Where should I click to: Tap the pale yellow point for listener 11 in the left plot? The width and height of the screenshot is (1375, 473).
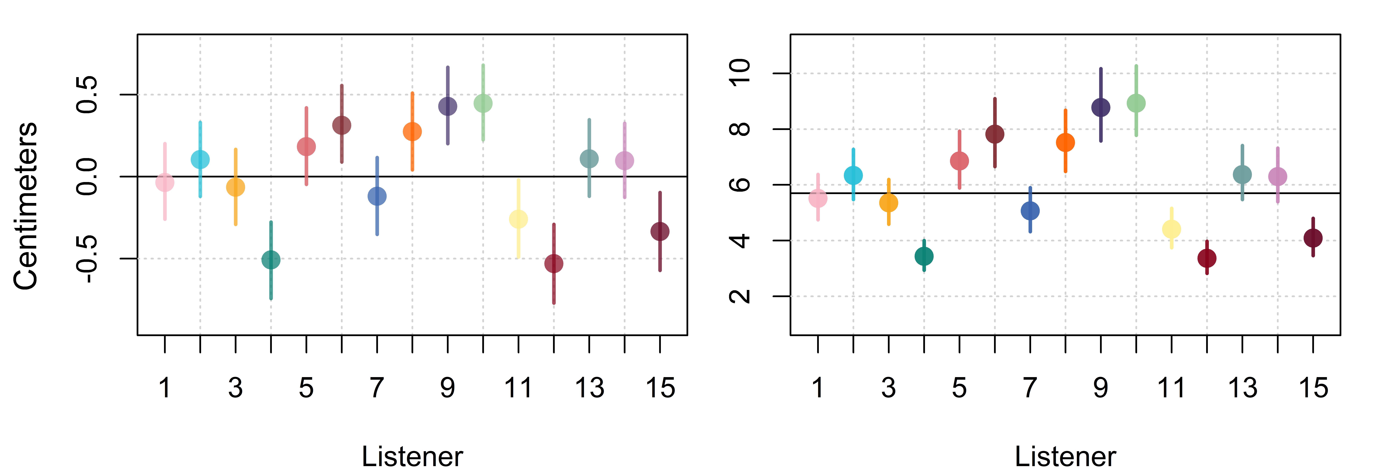518,219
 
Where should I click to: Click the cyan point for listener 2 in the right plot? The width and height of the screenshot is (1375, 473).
853,175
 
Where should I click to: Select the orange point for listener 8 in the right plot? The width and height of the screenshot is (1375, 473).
1065,142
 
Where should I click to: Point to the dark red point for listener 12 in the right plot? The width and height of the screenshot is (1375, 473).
1207,258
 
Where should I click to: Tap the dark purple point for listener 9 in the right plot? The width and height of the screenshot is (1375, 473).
1101,107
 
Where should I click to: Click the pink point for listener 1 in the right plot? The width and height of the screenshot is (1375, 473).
818,199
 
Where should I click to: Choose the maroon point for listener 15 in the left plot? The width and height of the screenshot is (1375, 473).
660,232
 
